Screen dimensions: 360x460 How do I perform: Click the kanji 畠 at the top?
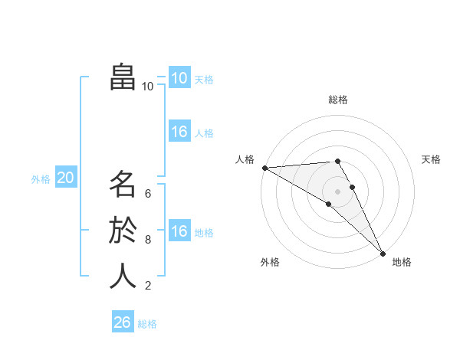click(x=123, y=77)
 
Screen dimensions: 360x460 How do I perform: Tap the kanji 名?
click(x=123, y=185)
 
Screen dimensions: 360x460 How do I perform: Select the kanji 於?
click(x=123, y=231)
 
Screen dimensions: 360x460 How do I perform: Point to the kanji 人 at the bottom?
click(x=123, y=276)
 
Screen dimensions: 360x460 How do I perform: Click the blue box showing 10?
click(x=179, y=78)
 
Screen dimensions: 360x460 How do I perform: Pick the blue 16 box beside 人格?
click(x=179, y=132)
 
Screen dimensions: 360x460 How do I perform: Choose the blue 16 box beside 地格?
click(x=179, y=231)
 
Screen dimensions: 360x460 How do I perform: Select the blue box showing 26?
click(x=123, y=322)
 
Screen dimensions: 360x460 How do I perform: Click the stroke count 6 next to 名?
click(x=148, y=193)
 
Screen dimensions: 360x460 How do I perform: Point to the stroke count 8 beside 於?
click(x=148, y=239)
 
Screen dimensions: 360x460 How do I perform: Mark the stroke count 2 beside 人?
click(x=148, y=286)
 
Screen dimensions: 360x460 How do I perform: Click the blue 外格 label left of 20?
click(x=41, y=179)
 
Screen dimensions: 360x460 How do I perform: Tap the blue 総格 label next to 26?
click(x=147, y=324)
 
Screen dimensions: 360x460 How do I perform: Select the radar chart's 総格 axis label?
click(x=338, y=100)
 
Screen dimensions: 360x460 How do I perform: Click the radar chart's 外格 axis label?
click(x=270, y=262)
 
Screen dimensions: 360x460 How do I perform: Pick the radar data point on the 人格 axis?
click(x=264, y=168)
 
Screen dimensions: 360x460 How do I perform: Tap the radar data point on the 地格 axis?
click(x=383, y=252)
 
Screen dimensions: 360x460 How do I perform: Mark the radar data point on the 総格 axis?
click(x=338, y=161)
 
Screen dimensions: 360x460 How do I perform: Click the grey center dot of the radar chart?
click(x=338, y=191)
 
